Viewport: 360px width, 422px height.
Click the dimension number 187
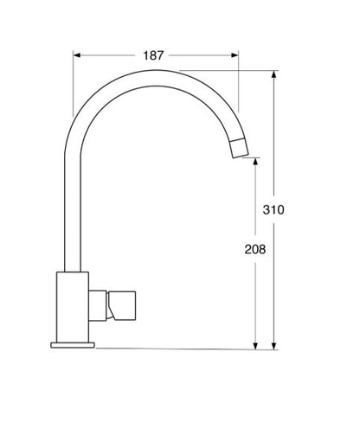coord(153,55)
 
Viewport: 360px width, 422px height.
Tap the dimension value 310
coord(273,209)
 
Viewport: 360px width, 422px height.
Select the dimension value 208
coord(255,249)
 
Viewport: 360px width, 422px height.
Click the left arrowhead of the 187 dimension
coord(77,55)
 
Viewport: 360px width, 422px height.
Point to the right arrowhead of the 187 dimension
coord(235,55)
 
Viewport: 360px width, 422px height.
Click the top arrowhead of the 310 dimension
coord(274,74)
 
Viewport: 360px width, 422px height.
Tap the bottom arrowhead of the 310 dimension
coord(274,346)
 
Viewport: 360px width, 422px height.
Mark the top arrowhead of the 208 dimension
coord(255,162)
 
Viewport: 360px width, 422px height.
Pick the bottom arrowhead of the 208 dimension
coord(255,346)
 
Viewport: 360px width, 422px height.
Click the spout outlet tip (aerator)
coord(239,148)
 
